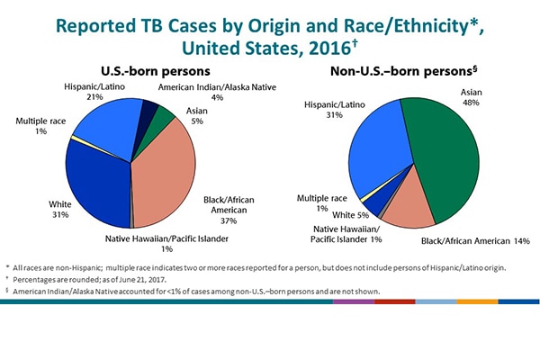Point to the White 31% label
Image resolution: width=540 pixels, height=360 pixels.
point(59,210)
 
